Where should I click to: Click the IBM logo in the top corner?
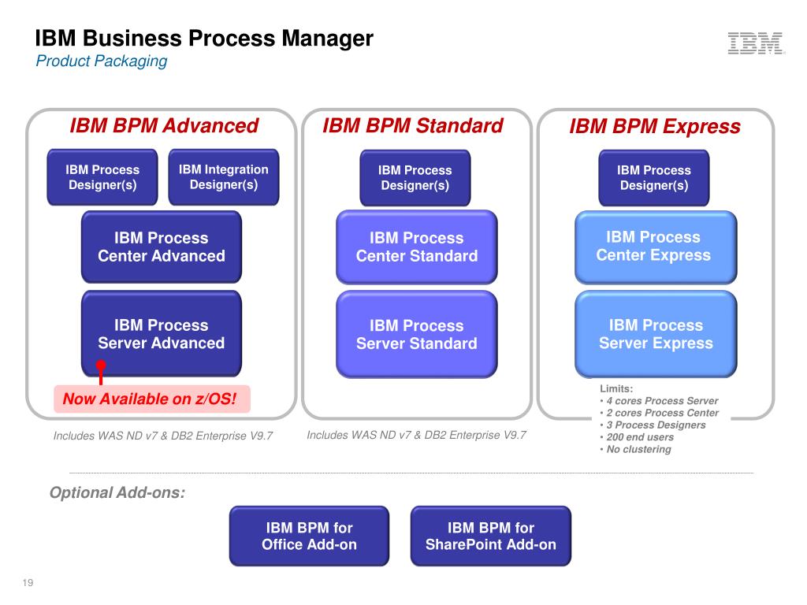click(x=756, y=43)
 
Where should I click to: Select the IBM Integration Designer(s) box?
click(x=223, y=177)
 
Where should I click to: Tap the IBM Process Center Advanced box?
click(x=161, y=247)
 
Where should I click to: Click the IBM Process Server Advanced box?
click(x=161, y=333)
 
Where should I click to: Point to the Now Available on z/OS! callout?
click(x=152, y=399)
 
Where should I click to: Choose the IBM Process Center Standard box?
click(x=416, y=247)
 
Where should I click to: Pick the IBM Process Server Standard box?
click(x=416, y=334)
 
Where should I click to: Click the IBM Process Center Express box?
click(x=656, y=247)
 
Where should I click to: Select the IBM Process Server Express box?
click(x=656, y=334)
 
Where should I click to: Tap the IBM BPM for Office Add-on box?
click(x=309, y=536)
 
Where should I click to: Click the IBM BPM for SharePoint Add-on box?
click(x=490, y=536)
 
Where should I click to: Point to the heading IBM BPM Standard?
click(x=413, y=125)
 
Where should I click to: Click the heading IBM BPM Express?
click(x=655, y=127)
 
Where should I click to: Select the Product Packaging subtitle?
click(x=102, y=61)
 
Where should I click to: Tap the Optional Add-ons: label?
click(x=117, y=492)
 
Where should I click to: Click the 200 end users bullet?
click(x=637, y=437)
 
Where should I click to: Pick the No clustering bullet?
click(x=636, y=449)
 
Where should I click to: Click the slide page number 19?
click(x=28, y=582)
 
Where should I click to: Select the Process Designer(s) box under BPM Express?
click(x=653, y=178)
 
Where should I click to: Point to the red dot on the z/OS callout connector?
click(x=101, y=366)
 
